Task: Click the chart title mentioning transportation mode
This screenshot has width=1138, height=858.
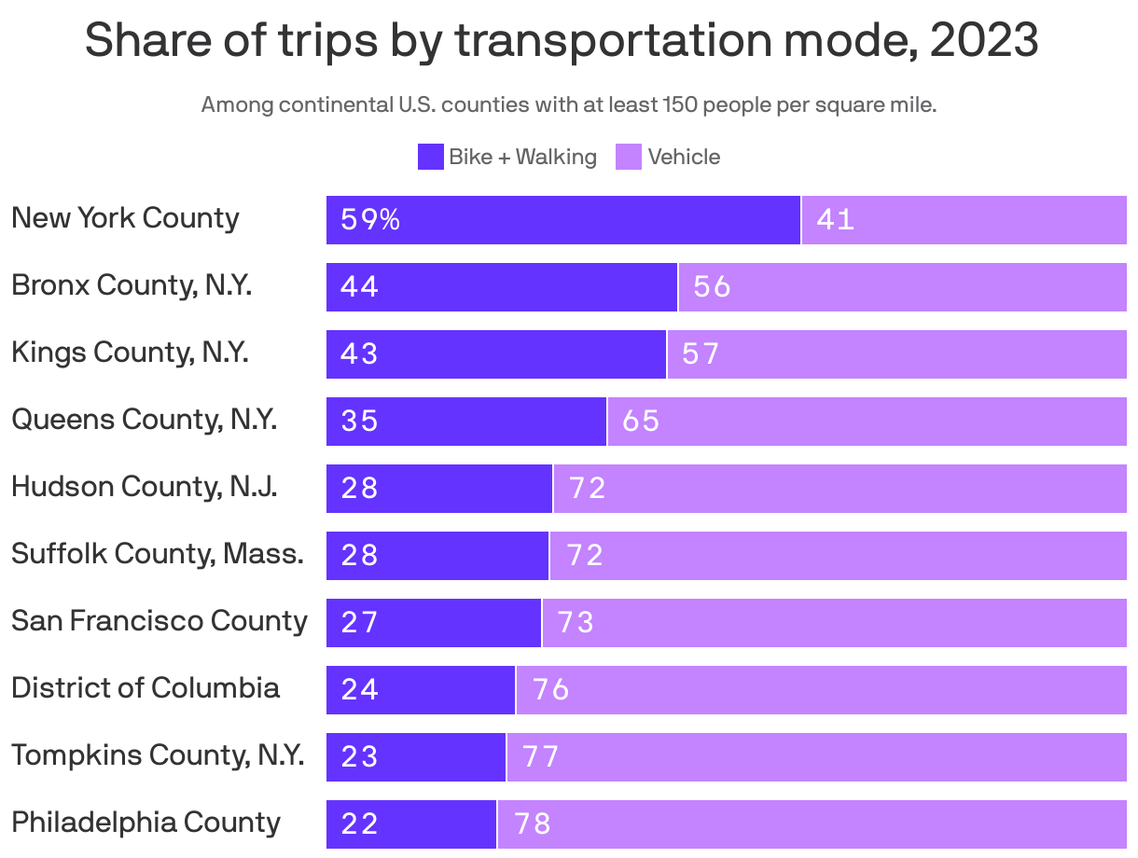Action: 562,41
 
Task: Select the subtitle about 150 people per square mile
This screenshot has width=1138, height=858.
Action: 569,104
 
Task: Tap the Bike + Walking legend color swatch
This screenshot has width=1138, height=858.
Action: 430,157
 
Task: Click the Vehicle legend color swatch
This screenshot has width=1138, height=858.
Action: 629,157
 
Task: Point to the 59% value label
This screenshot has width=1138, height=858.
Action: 370,220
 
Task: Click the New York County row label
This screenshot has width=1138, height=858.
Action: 125,218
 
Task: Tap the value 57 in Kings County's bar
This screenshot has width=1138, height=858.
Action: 701,354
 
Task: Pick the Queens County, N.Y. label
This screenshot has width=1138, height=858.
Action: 144,420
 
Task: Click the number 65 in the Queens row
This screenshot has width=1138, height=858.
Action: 641,422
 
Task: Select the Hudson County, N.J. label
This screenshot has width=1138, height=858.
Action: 144,487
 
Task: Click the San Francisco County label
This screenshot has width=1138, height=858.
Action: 159,621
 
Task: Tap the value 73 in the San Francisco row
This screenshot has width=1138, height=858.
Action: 576,623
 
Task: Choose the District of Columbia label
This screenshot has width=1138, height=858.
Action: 146,688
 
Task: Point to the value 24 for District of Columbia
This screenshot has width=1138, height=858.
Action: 360,690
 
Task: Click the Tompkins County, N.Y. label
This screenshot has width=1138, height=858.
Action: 158,755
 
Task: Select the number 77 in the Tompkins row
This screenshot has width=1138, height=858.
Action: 541,757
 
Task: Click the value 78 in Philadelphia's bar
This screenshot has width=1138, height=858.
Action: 532,824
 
